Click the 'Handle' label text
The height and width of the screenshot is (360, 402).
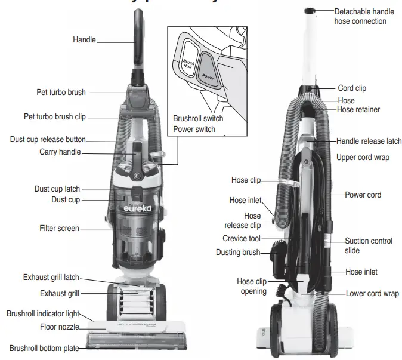(84, 40)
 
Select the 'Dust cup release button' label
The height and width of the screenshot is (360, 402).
(48, 139)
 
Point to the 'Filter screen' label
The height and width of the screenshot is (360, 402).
(59, 229)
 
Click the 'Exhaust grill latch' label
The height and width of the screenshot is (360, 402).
(51, 278)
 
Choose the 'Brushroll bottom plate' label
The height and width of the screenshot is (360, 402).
(44, 347)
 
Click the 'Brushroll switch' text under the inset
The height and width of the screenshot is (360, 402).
(198, 118)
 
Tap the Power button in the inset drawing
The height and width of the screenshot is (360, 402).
(208, 70)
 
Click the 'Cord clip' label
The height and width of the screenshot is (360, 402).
(352, 88)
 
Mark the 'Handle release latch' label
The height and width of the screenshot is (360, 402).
(369, 141)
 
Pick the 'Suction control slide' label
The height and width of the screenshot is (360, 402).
(369, 245)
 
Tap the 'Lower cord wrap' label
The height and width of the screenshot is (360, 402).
(372, 294)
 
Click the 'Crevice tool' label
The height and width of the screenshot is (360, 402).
(243, 238)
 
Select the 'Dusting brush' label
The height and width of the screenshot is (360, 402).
(238, 253)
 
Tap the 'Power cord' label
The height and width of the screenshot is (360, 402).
(363, 195)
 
